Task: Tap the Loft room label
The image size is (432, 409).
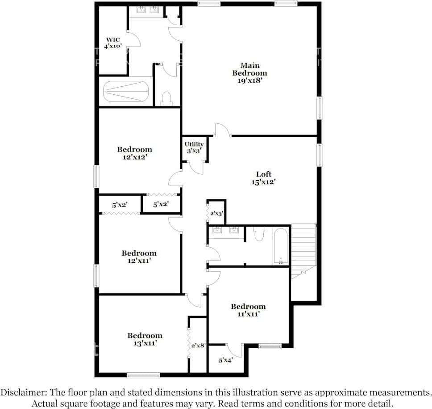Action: click(x=263, y=178)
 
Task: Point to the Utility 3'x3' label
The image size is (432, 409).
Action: click(x=194, y=148)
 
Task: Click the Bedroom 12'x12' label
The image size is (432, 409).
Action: click(x=134, y=153)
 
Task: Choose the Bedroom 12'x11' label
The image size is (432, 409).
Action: click(x=139, y=257)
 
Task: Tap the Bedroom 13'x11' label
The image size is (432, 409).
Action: click(x=145, y=339)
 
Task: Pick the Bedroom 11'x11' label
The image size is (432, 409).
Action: click(x=248, y=310)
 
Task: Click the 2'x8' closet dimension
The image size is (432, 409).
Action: click(x=198, y=345)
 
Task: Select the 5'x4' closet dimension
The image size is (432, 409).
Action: click(x=225, y=360)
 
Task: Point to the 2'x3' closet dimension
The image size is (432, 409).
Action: click(x=216, y=214)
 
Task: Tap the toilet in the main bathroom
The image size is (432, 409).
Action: click(x=166, y=99)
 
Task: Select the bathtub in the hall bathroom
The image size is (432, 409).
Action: click(x=281, y=247)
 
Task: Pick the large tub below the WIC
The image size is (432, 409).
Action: click(x=126, y=91)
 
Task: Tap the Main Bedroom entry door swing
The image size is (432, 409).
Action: click(x=222, y=131)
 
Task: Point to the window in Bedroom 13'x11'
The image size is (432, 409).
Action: click(x=143, y=375)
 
